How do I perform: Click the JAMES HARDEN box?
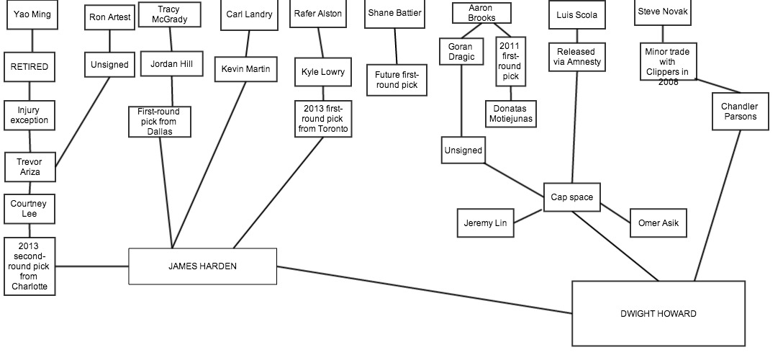[202, 266]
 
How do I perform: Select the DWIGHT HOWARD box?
[658, 313]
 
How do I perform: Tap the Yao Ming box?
[32, 14]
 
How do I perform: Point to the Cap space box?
[571, 197]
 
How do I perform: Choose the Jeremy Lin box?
[486, 223]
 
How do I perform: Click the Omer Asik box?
[658, 223]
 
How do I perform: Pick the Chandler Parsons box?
[739, 112]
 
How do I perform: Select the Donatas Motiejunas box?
[510, 113]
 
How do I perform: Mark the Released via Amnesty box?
[578, 57]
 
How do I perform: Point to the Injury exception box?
[30, 115]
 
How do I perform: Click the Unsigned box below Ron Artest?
[109, 64]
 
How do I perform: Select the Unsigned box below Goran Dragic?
[463, 150]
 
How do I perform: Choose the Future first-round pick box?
[396, 80]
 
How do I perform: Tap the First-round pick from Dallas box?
[159, 121]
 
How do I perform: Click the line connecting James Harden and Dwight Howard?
[425, 290]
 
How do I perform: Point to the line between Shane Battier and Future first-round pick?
[395, 47]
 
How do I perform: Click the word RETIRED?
[30, 67]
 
